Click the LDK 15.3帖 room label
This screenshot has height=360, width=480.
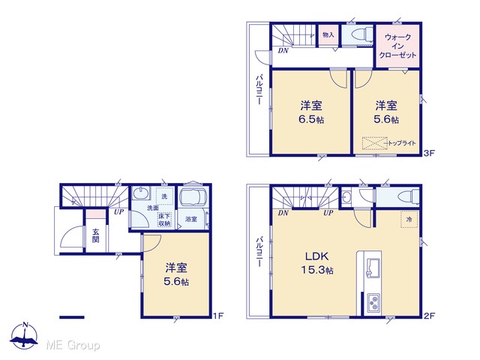317,263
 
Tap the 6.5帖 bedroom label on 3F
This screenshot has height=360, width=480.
311,112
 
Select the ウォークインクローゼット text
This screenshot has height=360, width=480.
397,46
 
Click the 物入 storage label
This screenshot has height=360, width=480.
328,34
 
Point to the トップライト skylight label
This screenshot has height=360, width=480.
402,143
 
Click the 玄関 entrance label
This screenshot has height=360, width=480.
96,235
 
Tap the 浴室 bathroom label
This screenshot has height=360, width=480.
191,219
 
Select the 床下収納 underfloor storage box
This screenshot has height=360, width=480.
164,220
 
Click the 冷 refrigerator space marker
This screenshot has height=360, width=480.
409,219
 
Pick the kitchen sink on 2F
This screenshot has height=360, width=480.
373,268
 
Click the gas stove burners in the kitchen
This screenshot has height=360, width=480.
373,303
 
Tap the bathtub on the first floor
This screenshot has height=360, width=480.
193,196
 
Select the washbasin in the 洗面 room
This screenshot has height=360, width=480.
141,194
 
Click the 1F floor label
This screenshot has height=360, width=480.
218,315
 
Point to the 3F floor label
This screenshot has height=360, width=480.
429,153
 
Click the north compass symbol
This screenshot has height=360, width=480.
24,335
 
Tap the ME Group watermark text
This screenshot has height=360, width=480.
73,345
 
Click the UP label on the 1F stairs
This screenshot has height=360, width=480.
118,211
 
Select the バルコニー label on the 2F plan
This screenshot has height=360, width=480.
259,252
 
